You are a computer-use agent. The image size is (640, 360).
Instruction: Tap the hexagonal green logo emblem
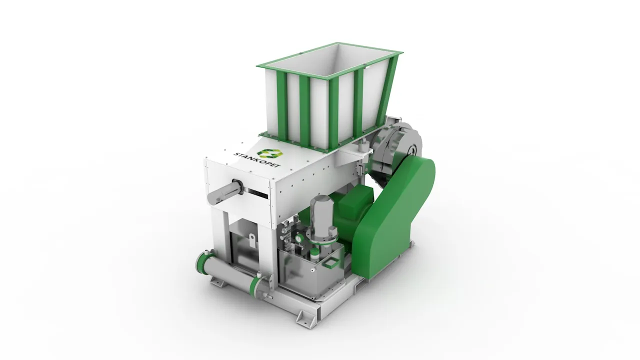pos(269,153)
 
